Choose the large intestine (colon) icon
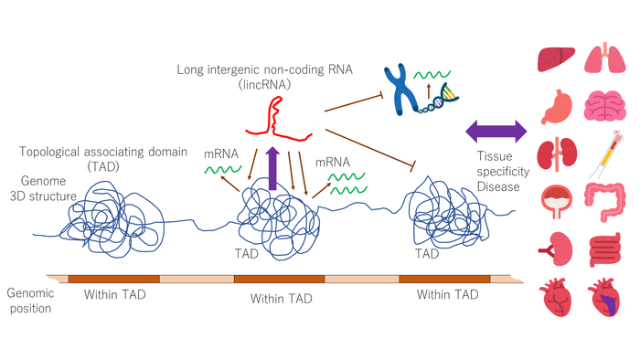click(603, 200)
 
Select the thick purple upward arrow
click(272, 167)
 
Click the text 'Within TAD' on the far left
click(113, 295)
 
